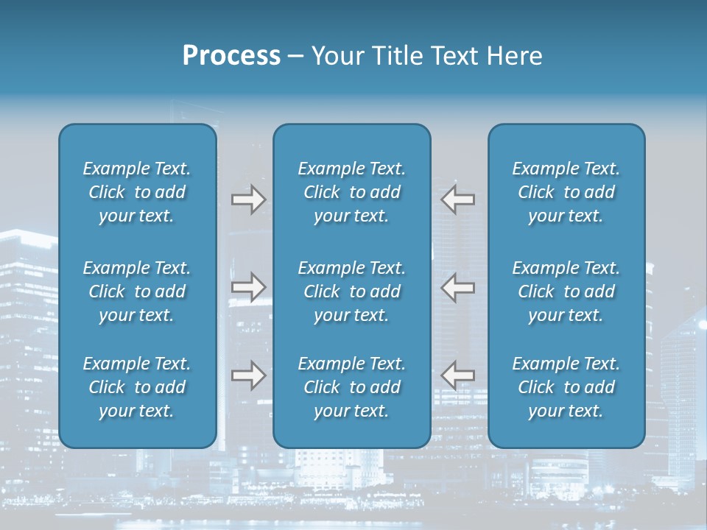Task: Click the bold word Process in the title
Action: tap(231, 56)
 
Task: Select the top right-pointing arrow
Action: tap(248, 199)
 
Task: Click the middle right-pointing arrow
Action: tap(248, 287)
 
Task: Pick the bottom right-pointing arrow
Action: tap(248, 376)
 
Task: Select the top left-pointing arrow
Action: tap(457, 199)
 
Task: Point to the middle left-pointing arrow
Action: tap(457, 287)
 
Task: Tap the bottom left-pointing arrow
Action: tap(457, 376)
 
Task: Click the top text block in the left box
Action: tap(137, 192)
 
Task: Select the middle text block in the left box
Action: tap(137, 291)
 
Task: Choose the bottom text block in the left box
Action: tap(137, 387)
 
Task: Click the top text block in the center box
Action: tap(351, 192)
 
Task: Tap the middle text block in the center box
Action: tap(351, 291)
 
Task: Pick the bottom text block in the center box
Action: tap(351, 387)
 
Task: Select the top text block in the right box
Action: tap(566, 192)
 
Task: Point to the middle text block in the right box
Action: tap(566, 291)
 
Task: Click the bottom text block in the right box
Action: tap(566, 387)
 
